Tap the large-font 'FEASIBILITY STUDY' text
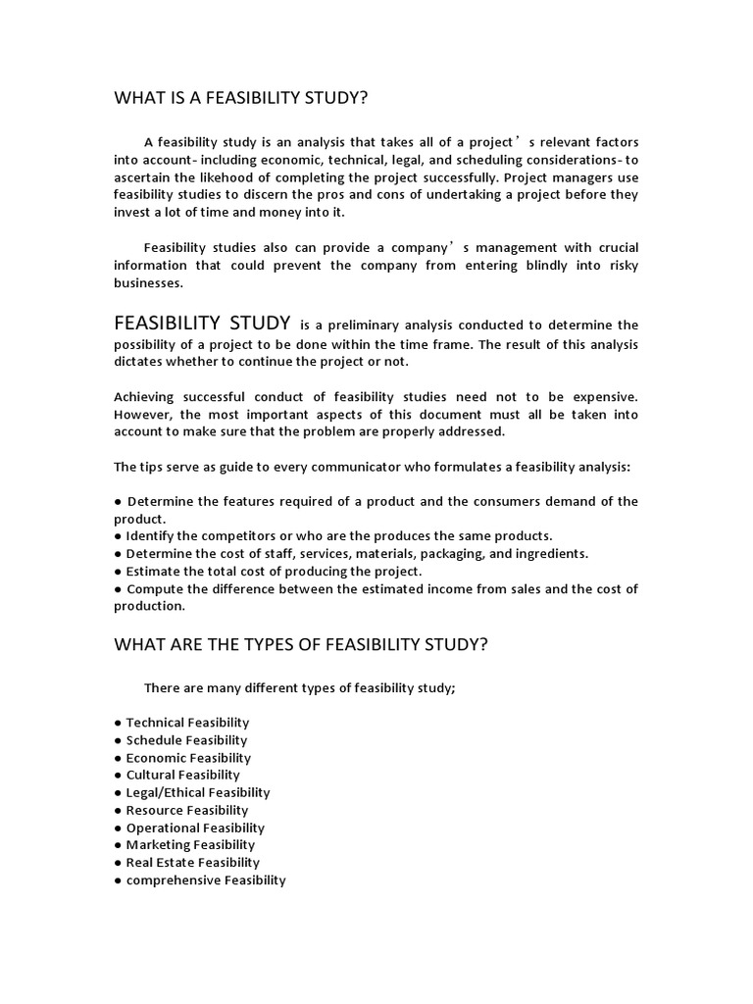pyautogui.click(x=202, y=323)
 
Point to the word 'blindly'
pyautogui.click(x=501, y=266)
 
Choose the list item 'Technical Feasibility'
pyautogui.click(x=187, y=723)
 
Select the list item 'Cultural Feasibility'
pyautogui.click(x=182, y=775)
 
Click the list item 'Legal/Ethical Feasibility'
pyautogui.click(x=198, y=792)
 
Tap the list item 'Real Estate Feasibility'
pyautogui.click(x=192, y=863)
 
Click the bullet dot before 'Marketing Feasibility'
pyautogui.click(x=119, y=845)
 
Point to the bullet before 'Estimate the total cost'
pyautogui.click(x=119, y=572)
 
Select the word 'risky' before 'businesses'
pyautogui.click(x=622, y=266)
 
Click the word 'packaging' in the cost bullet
pyautogui.click(x=446, y=554)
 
